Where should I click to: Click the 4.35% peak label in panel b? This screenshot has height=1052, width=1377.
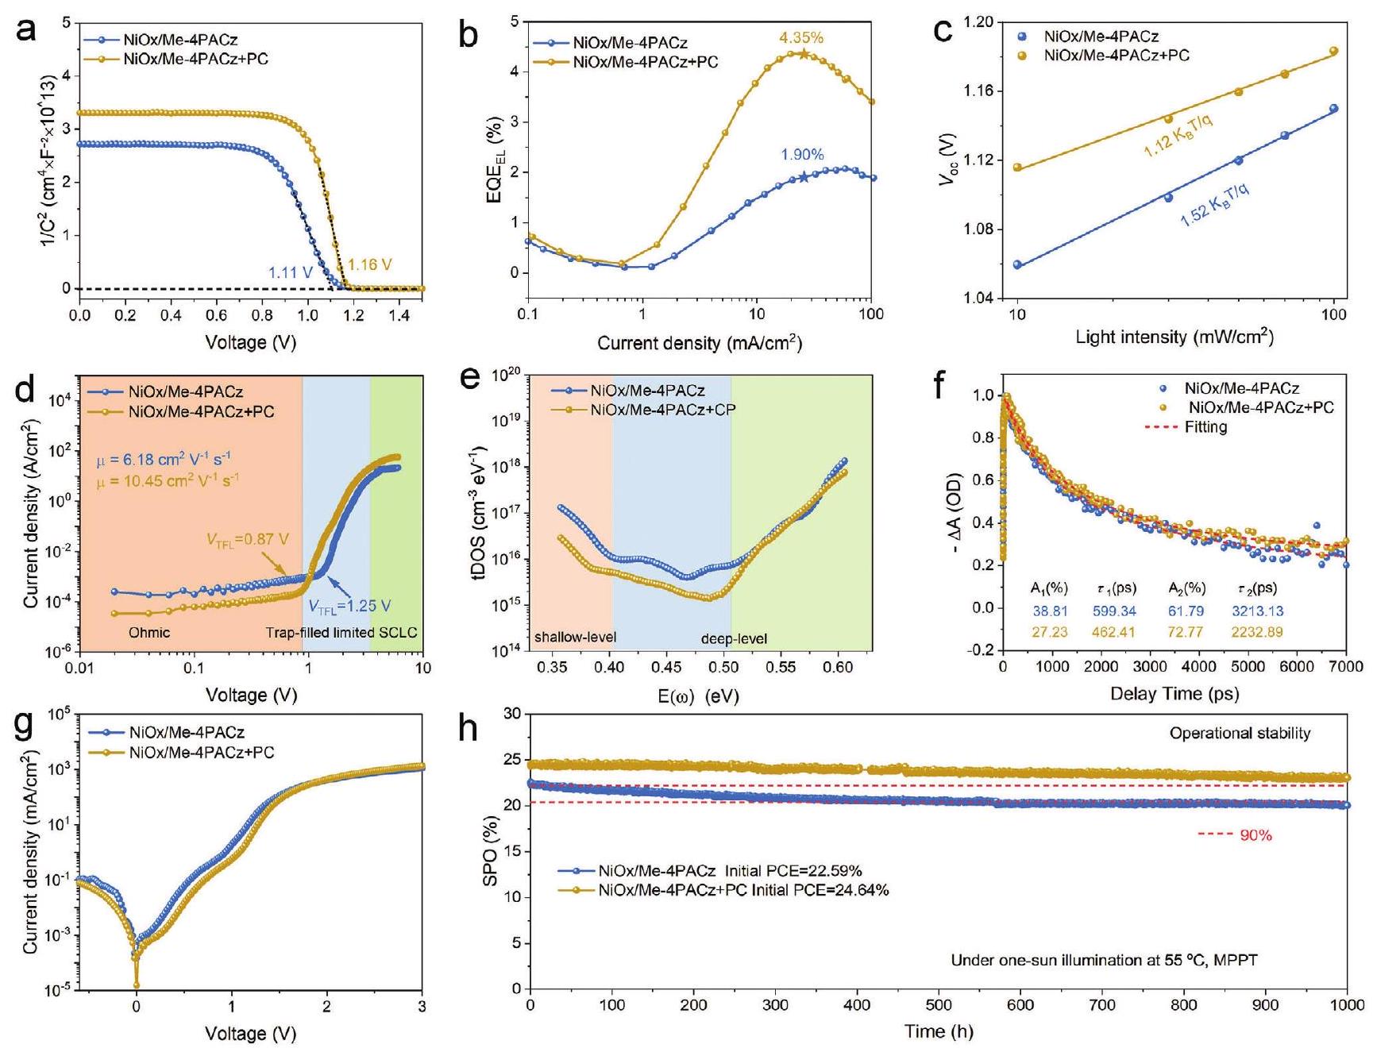(x=800, y=37)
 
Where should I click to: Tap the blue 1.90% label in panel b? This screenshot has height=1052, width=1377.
(x=802, y=155)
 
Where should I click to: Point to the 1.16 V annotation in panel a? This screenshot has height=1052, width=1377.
(x=370, y=264)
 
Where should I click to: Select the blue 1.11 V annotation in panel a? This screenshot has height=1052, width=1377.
(x=291, y=272)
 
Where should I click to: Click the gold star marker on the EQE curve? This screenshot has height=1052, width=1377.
(x=804, y=54)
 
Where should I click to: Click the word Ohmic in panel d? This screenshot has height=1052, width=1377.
(x=149, y=633)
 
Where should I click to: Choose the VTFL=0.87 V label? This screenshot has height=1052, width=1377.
(x=248, y=540)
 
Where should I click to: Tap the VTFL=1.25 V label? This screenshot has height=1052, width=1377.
(x=349, y=606)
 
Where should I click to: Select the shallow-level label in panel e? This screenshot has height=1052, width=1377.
(x=575, y=637)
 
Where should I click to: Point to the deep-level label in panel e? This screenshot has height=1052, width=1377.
(x=734, y=638)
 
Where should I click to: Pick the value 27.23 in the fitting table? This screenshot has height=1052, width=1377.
(x=1049, y=632)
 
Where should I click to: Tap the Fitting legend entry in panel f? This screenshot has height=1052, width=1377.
(x=1205, y=427)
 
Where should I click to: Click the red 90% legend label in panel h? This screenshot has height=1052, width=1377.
(x=1255, y=835)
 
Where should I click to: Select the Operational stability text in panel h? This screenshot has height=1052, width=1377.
(x=1239, y=734)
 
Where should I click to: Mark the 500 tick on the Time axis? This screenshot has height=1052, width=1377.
(x=939, y=1004)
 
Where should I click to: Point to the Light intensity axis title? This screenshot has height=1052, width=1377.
(x=1174, y=337)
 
